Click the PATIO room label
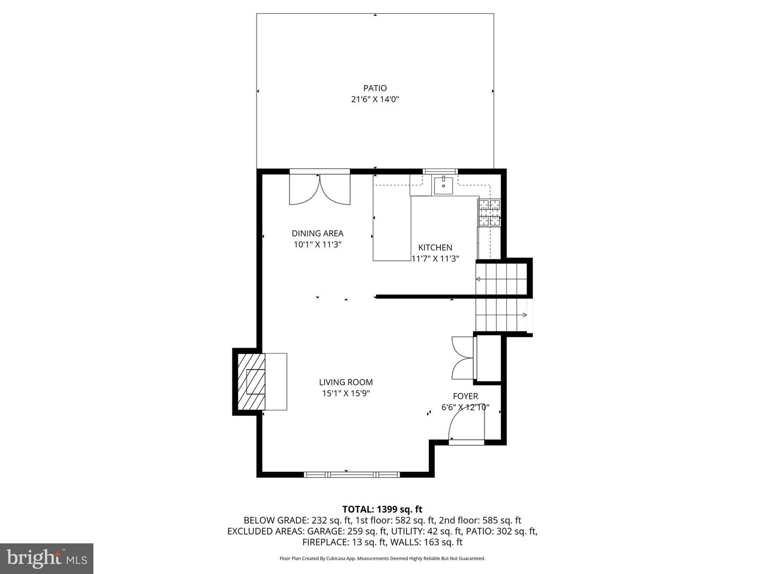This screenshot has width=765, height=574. click(375, 88)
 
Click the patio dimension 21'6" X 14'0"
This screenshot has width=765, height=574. click(375, 99)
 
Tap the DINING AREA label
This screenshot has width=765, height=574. click(317, 233)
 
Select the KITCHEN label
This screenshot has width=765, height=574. click(435, 248)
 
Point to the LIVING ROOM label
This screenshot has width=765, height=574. click(346, 382)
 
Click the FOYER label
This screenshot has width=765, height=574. click(465, 396)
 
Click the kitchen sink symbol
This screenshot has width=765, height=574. click(443, 185)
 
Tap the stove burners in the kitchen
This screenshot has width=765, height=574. click(489, 212)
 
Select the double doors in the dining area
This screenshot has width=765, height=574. click(320, 189)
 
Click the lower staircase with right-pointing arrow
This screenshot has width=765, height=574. click(502, 316)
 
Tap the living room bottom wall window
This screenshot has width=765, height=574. click(352, 474)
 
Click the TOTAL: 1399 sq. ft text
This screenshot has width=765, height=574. click(382, 510)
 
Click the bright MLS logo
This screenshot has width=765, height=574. click(47, 558)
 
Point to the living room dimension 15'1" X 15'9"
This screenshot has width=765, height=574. click(346, 394)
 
